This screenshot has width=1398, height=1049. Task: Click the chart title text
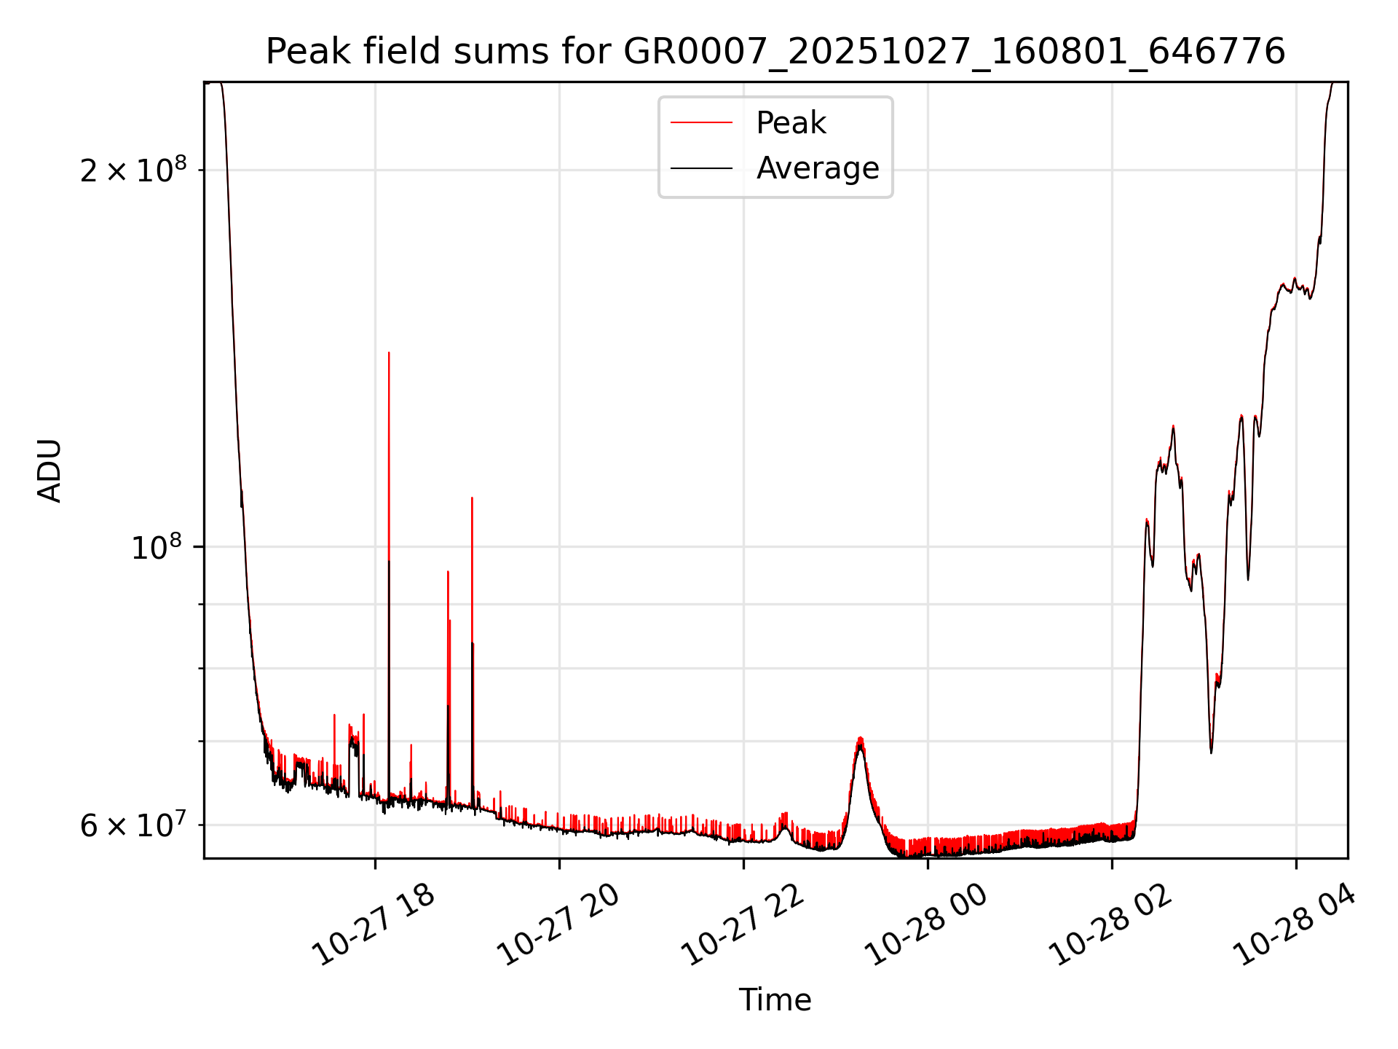click(775, 52)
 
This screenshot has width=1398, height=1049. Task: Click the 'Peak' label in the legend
click(791, 123)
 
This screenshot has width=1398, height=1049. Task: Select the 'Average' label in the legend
click(817, 168)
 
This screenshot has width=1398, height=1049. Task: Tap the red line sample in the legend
click(701, 123)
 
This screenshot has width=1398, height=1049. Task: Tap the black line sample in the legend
click(701, 168)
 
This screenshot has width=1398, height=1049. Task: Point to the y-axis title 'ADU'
click(50, 471)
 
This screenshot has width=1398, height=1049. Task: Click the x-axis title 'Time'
click(775, 999)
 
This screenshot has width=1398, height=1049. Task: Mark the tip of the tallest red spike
click(389, 353)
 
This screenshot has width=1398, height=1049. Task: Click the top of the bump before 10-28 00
click(861, 739)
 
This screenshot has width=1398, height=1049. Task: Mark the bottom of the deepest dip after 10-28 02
click(1211, 752)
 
